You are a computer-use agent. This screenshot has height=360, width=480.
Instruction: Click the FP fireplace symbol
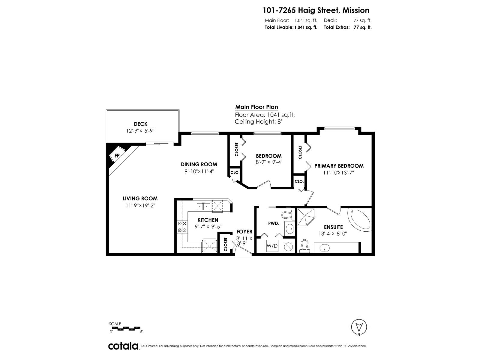(x=117, y=155)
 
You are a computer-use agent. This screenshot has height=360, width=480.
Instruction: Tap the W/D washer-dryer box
(x=272, y=246)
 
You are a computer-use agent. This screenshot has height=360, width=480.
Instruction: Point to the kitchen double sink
(x=203, y=206)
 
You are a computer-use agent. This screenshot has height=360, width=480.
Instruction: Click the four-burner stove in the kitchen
(x=182, y=226)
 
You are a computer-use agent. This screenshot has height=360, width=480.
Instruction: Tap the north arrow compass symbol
(x=359, y=327)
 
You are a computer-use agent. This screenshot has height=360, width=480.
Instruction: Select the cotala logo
(x=123, y=346)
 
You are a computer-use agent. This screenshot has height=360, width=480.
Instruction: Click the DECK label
(x=140, y=124)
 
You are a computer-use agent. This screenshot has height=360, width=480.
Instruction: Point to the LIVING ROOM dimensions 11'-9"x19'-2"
(x=140, y=205)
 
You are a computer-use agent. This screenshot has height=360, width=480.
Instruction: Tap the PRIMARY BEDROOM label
(x=339, y=166)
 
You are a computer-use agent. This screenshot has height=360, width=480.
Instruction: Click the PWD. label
(x=274, y=223)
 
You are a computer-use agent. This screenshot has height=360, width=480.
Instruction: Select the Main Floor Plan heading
(x=256, y=107)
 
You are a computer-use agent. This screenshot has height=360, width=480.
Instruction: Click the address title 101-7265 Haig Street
(x=316, y=10)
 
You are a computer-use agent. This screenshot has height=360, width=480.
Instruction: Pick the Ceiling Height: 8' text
(x=258, y=121)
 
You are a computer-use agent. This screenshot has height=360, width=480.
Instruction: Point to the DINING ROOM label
(x=199, y=164)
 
